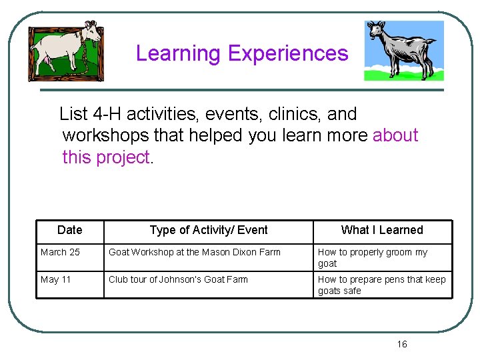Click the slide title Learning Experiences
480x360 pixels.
coord(242,53)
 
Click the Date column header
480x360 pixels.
coord(70,230)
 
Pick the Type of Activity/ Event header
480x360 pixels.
coord(209,230)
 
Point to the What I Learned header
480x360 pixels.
coord(382,230)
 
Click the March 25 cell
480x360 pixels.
coord(60,252)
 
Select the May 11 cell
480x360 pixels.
coord(55,279)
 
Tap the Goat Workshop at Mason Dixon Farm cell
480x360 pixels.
coord(195,252)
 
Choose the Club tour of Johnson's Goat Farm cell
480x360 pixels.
coord(178,279)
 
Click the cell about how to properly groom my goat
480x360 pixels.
coord(372,257)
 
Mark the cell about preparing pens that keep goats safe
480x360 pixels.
coord(381,285)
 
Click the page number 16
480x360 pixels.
coord(401,344)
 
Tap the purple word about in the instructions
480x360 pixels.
coord(395,135)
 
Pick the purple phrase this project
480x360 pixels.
coord(106,157)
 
